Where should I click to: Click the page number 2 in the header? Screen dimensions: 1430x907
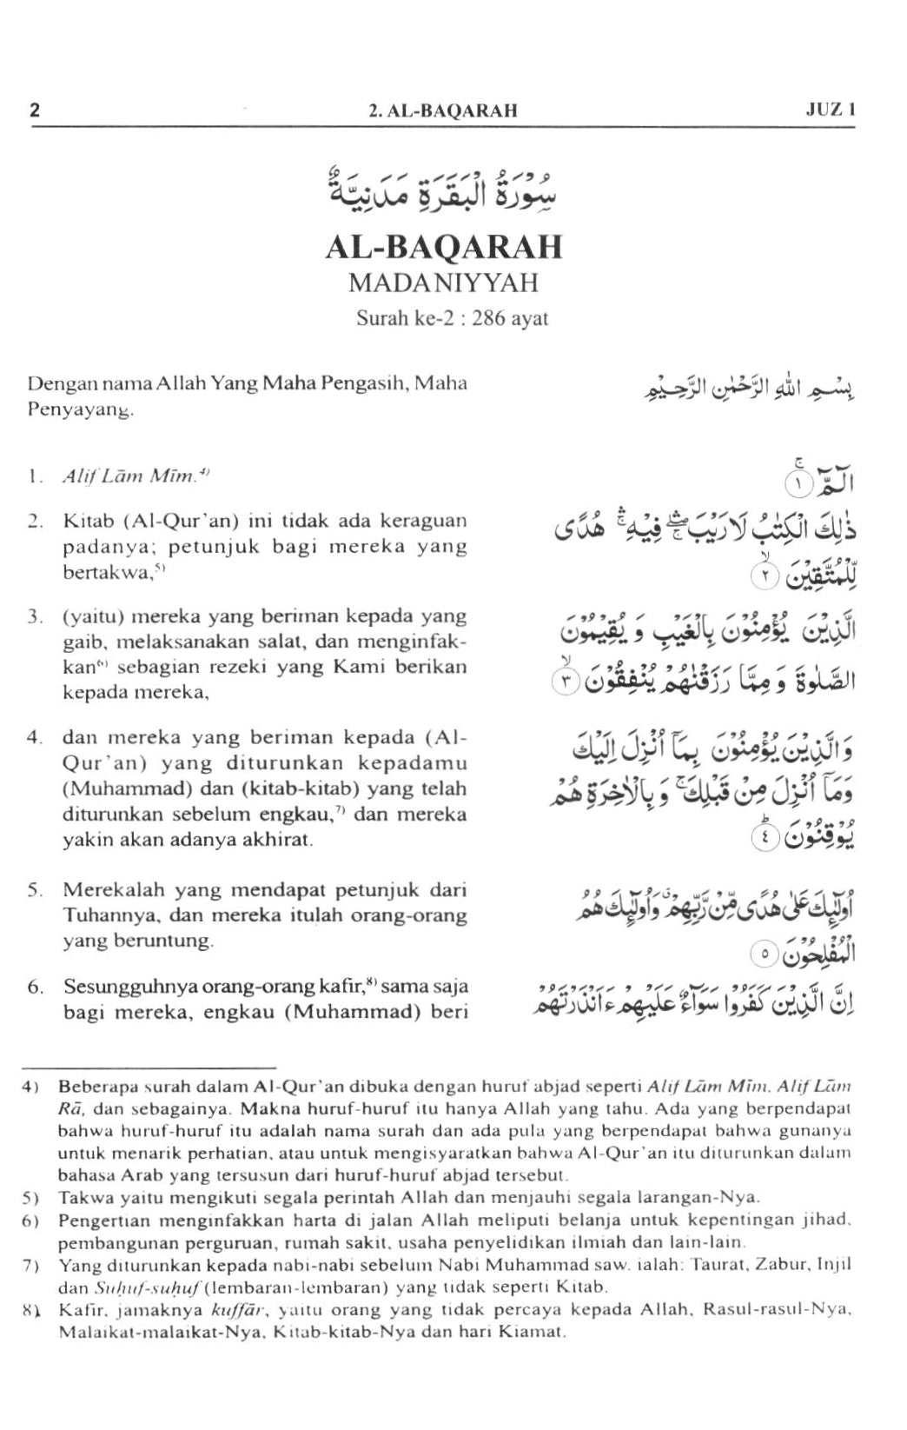click(35, 110)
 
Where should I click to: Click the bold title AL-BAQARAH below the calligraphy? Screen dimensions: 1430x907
click(444, 247)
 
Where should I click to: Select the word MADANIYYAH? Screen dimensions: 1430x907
click(444, 283)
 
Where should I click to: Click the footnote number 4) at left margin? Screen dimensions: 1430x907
click(31, 1087)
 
